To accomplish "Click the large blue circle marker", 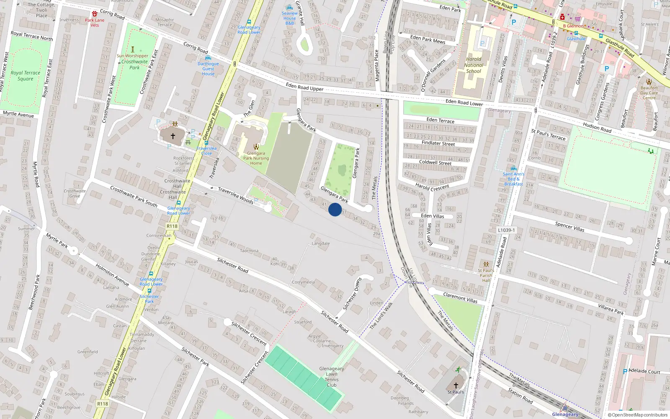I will coord(335,209).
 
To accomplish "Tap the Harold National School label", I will coord(474,65).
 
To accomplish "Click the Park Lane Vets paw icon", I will coord(95,14).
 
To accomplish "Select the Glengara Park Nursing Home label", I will coord(256,158).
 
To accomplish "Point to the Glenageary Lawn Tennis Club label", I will coord(332,377).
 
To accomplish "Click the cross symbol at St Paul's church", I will coord(456,385).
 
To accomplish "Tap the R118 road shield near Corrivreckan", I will coord(172,226).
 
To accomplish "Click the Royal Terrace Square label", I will coord(26,75).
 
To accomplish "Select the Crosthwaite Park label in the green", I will coord(134,65).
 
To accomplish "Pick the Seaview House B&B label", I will coord(289,18).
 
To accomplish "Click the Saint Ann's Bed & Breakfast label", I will coord(513,179).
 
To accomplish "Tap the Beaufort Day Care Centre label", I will coord(649,93).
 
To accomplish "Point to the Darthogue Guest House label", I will coord(208,69).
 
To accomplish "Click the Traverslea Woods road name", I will coord(236,195).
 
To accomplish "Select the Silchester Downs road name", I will coord(352,294).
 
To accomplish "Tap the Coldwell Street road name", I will coord(435,162).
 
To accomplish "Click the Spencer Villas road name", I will coord(569,227).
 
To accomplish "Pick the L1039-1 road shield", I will coord(506,230).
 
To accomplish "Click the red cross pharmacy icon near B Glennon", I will coord(562,17).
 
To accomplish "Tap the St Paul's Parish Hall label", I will coord(486,275).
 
